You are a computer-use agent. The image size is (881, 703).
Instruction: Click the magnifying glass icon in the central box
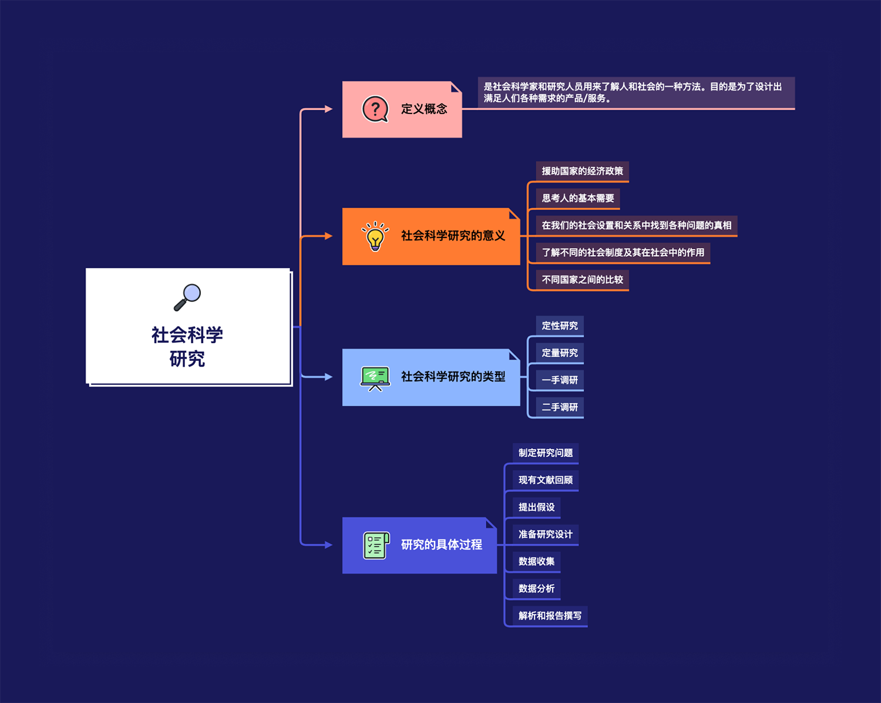188,297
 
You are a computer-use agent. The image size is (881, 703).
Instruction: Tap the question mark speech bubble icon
375,109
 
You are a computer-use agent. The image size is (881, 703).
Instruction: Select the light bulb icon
375,236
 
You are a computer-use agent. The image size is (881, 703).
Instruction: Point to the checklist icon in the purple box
376,545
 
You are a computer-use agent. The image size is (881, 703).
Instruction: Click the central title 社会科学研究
187,346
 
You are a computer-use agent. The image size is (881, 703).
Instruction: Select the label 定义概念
424,109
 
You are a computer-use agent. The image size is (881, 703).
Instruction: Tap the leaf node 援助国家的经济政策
582,171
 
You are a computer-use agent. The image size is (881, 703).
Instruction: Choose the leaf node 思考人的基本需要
578,198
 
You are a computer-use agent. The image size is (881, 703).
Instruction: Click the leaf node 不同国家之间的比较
582,280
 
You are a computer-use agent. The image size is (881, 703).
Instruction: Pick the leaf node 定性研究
560,326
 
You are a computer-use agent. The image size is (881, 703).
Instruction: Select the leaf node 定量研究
560,353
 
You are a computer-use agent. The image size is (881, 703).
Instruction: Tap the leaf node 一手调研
560,380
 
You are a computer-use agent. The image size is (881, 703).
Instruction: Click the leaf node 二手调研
560,407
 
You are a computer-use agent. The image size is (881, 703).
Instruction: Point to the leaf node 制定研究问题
546,453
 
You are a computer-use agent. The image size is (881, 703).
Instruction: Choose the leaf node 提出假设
536,507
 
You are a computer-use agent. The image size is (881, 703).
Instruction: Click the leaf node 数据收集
536,561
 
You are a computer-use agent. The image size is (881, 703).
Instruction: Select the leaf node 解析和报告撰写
550,616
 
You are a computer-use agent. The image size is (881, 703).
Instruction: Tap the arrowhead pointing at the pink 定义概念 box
328,109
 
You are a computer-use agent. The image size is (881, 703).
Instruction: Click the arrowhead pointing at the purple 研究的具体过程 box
328,545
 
